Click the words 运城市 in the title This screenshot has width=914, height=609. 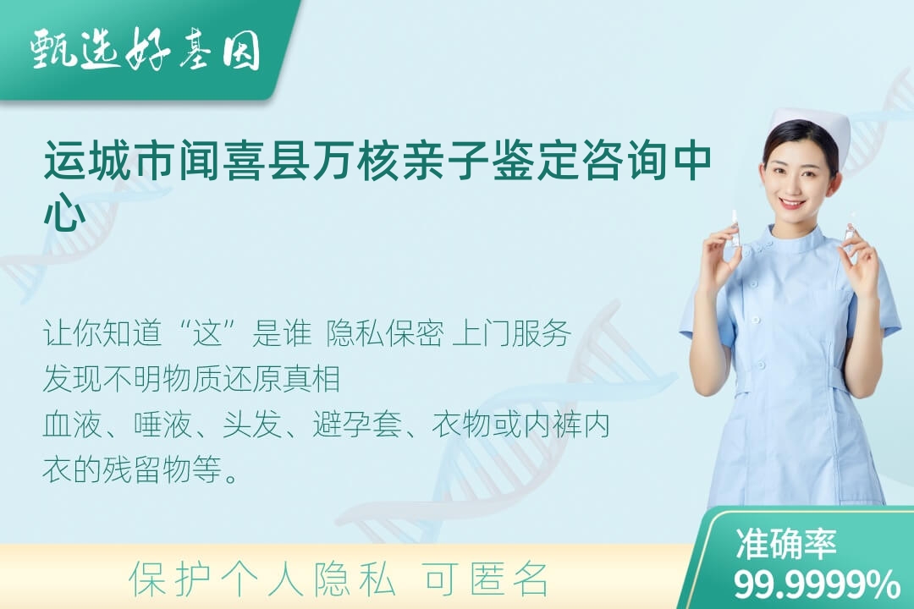[108, 159]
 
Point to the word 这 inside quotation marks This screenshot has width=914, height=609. [209, 333]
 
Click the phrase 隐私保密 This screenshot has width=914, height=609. [385, 333]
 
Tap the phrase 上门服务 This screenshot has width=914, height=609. [511, 333]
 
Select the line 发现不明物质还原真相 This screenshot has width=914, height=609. [191, 379]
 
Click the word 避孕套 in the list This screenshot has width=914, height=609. [357, 425]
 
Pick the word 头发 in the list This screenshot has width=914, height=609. [252, 425]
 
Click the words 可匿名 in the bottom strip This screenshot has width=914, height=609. [486, 579]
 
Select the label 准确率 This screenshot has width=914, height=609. [786, 543]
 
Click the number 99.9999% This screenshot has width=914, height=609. [817, 584]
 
